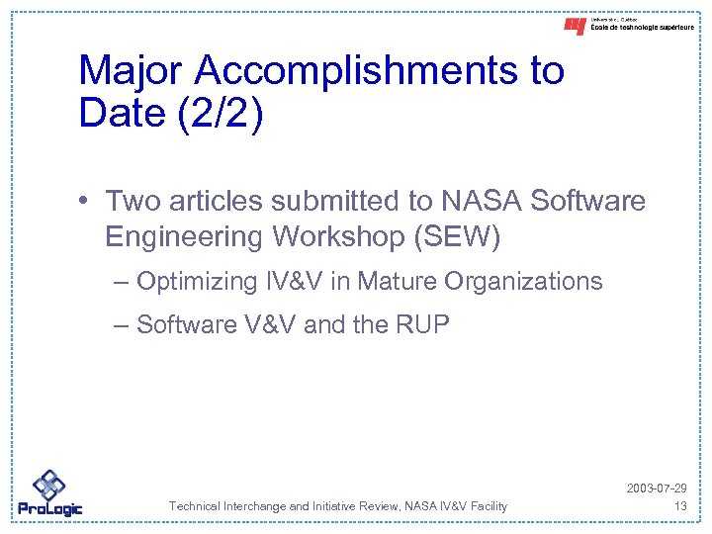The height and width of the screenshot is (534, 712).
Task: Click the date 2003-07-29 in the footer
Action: tap(657, 489)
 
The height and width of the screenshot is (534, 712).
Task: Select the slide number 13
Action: tap(679, 506)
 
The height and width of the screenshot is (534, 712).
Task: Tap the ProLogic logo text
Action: tap(49, 509)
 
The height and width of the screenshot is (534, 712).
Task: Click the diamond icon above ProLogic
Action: tap(48, 485)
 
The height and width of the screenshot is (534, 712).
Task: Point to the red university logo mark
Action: tap(575, 27)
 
